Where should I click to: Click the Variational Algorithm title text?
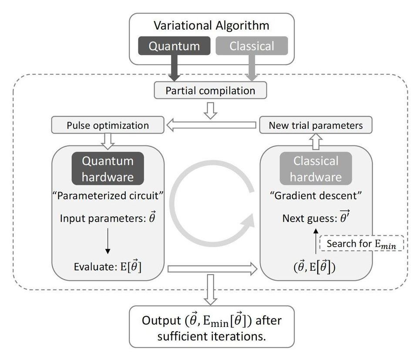coord(212,25)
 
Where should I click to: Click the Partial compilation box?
coord(210,91)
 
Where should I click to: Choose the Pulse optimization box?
coord(108,125)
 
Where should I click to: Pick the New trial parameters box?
coord(316,125)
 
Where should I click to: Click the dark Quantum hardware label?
coord(108,169)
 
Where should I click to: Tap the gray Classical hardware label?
coord(316,169)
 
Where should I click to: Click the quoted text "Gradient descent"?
coord(316,195)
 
